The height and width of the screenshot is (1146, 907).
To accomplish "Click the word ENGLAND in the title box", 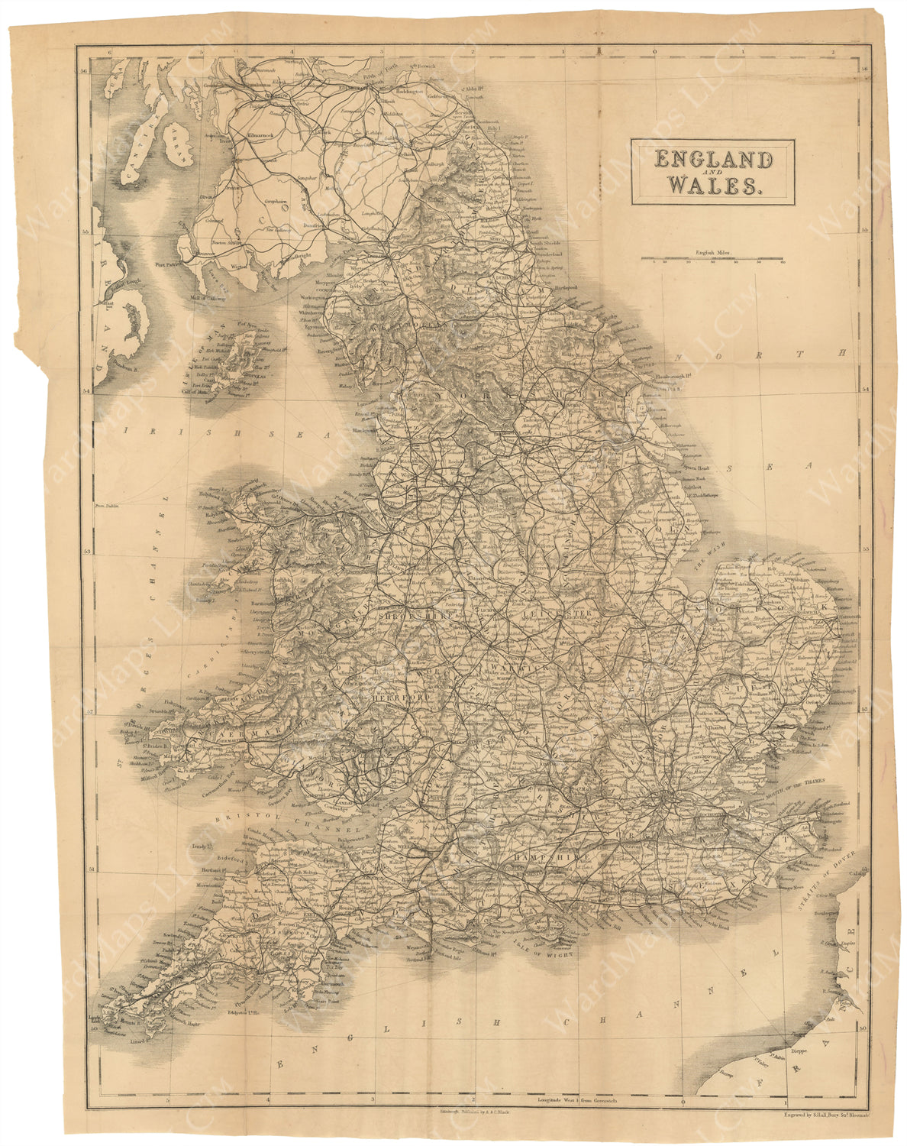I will (x=712, y=160).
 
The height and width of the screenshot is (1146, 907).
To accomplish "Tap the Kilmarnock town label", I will (x=262, y=134).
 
